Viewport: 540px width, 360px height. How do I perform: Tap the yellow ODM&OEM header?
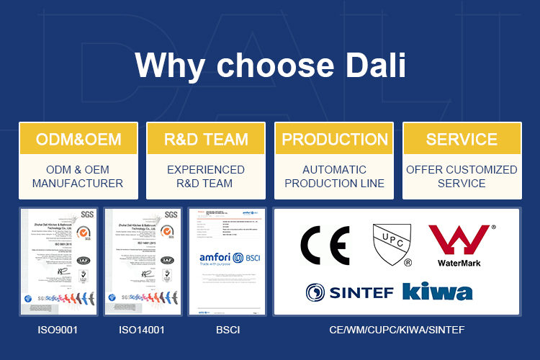[x=78, y=139]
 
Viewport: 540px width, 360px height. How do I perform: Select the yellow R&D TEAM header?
[x=206, y=139]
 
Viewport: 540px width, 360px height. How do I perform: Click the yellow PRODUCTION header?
[x=335, y=139]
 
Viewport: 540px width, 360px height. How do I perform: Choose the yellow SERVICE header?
[x=462, y=139]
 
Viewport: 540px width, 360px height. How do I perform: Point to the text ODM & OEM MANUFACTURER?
[x=78, y=176]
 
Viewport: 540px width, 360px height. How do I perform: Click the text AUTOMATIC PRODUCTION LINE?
[x=335, y=176]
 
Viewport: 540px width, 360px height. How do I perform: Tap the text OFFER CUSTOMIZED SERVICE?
[x=462, y=176]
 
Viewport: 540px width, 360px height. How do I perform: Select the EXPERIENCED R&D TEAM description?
[x=206, y=176]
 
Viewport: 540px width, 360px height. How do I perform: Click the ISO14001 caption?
[x=142, y=330]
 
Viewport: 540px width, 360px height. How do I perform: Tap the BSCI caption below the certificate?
[x=227, y=330]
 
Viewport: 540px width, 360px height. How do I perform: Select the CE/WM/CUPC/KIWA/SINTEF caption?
[x=397, y=330]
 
